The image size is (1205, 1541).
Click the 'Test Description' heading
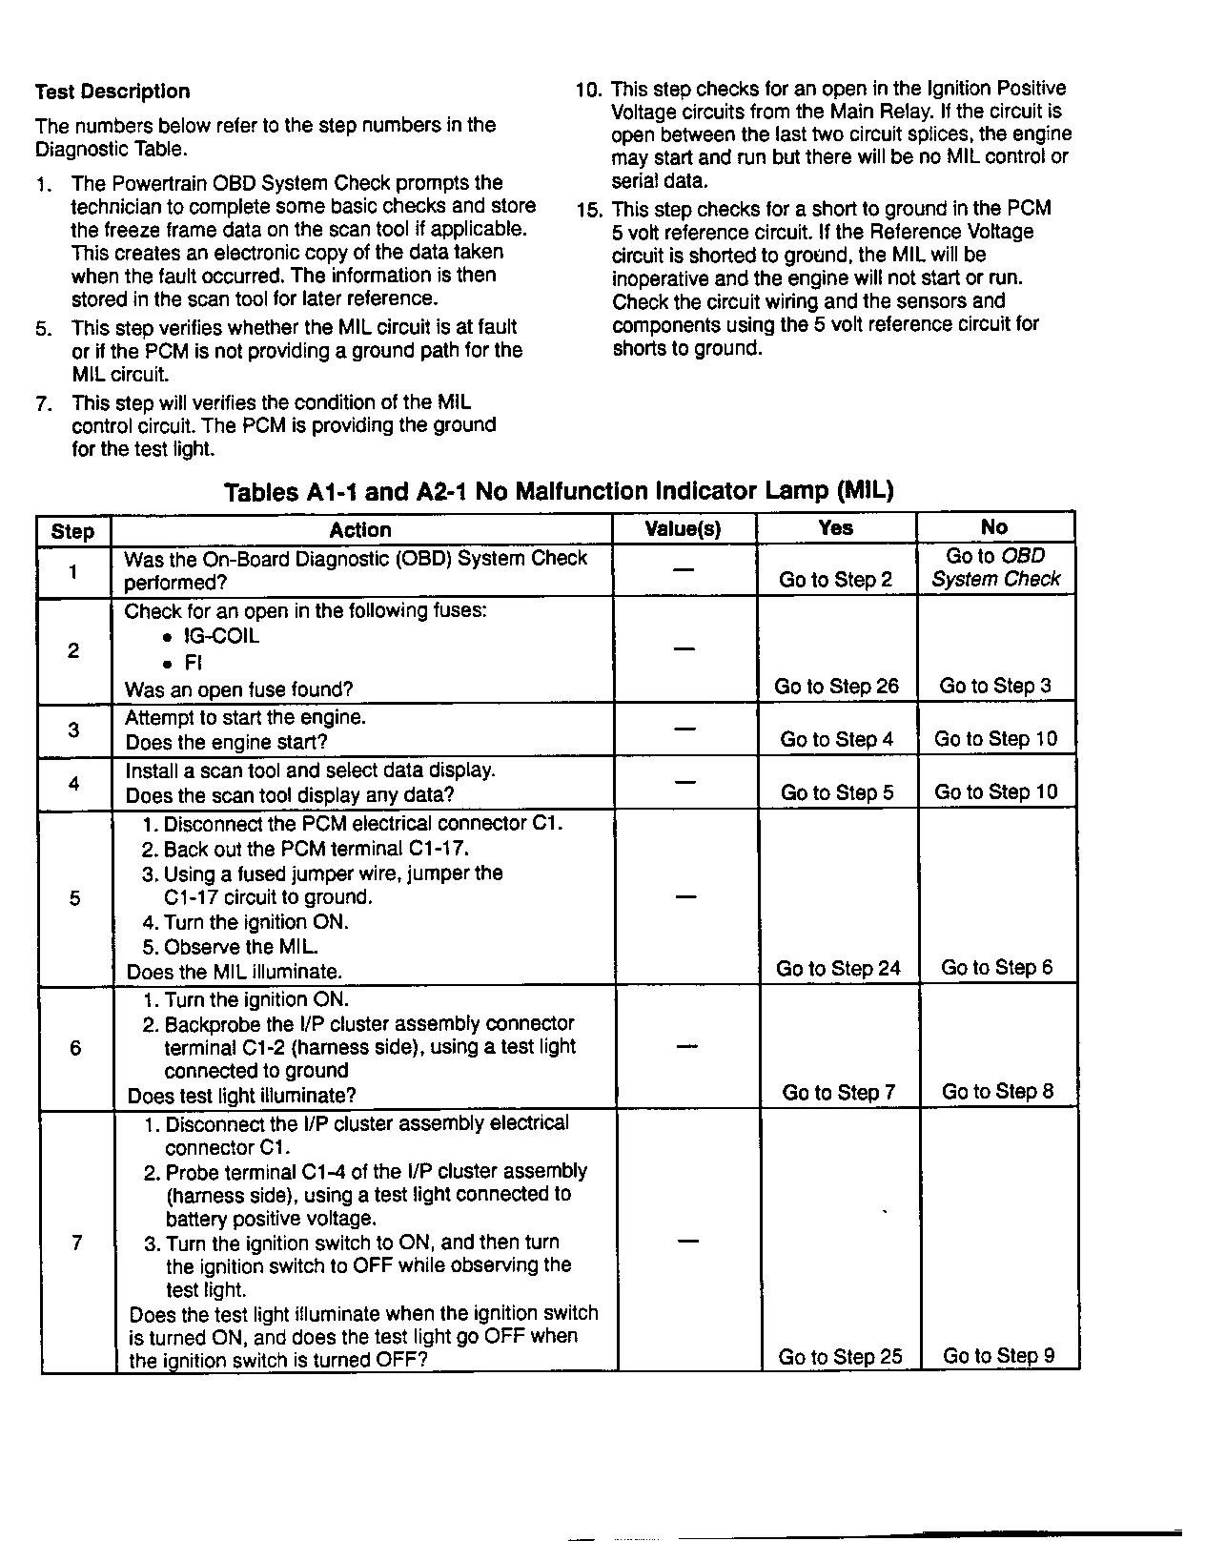click(x=112, y=92)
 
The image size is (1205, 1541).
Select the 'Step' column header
click(x=73, y=531)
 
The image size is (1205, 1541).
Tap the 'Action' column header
click(x=360, y=530)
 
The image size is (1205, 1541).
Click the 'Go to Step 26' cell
click(x=836, y=687)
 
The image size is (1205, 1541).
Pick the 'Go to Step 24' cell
click(x=838, y=969)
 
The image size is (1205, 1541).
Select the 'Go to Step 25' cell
click(x=840, y=1357)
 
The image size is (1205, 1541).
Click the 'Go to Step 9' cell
click(x=998, y=1356)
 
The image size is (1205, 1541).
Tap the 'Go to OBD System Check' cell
click(x=995, y=567)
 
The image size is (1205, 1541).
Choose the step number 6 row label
click(x=75, y=1048)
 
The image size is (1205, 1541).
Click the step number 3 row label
click(x=73, y=730)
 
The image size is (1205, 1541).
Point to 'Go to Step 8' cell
click(x=997, y=1092)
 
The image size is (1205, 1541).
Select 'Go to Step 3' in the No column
click(x=995, y=686)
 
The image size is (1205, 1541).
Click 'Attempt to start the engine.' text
click(x=245, y=717)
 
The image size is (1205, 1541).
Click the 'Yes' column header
click(x=836, y=527)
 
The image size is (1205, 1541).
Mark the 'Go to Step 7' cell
click(x=838, y=1093)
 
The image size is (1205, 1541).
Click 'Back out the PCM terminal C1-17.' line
click(x=317, y=849)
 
